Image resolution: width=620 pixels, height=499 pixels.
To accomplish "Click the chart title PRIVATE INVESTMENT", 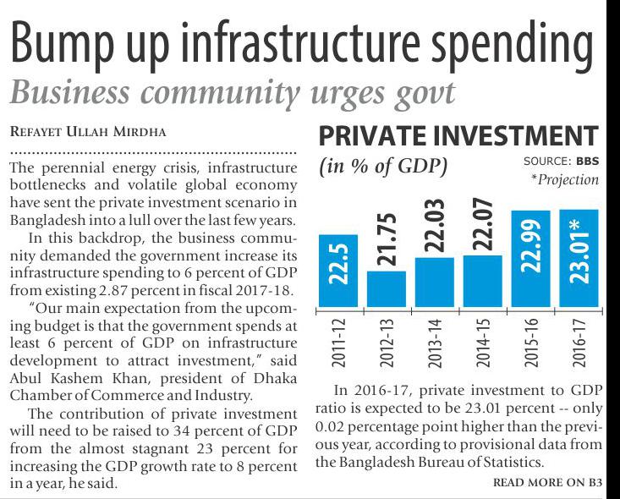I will pos(458,137).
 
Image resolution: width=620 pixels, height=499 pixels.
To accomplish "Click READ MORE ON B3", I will pos(547,483).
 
